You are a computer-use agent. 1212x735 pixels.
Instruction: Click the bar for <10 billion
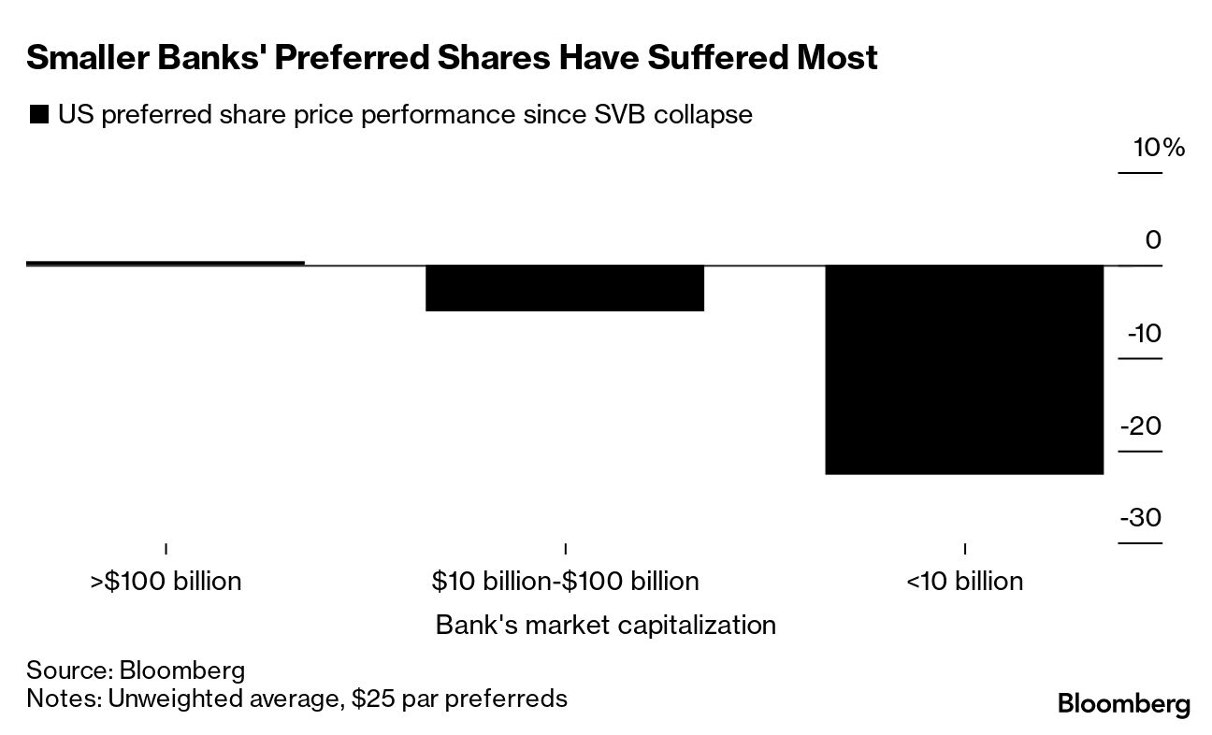pos(963,369)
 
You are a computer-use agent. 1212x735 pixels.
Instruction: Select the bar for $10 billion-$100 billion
pos(565,288)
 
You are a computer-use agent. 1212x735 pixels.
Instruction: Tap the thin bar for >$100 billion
pos(166,263)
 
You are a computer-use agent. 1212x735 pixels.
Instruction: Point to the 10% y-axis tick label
pos(1159,148)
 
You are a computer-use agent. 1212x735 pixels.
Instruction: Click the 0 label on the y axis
pos(1152,240)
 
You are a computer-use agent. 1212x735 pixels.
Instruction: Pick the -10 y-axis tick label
pos(1143,333)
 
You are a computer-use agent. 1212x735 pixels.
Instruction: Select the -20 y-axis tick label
pos(1141,425)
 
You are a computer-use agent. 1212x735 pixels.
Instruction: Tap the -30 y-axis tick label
pos(1141,517)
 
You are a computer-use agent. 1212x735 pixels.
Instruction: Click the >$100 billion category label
pos(166,581)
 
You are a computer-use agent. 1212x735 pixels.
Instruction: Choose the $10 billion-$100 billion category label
pos(565,581)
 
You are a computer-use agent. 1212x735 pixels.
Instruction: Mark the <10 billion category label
pos(964,581)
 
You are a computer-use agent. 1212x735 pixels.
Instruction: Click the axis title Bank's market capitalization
pos(605,624)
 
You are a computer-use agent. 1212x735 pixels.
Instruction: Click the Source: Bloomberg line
pos(136,670)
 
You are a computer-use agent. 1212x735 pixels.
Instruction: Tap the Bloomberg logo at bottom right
pos(1123,704)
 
